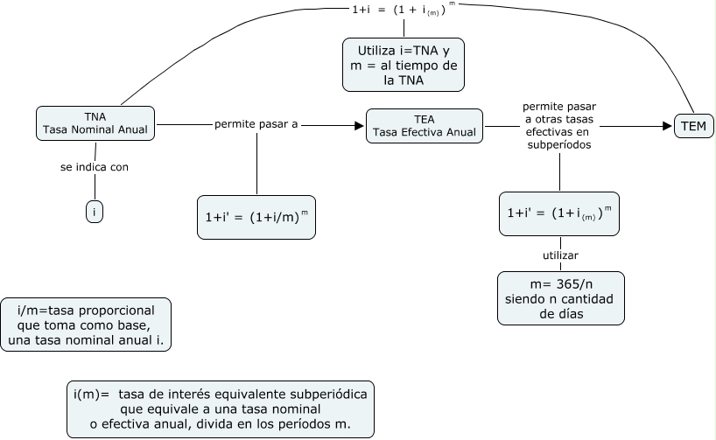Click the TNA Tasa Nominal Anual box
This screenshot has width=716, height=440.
95,124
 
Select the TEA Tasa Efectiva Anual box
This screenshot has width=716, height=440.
425,125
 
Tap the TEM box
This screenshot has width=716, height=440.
693,127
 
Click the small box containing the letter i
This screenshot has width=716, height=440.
95,211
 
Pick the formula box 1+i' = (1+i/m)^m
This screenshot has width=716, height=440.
256,216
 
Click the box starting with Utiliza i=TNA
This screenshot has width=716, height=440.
403,64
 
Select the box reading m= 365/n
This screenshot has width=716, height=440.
561,298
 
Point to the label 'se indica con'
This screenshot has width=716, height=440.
95,167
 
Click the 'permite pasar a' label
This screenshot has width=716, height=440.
256,125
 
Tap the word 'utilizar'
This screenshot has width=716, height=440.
560,255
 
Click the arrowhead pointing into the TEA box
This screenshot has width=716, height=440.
358,126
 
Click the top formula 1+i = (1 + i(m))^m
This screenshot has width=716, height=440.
403,10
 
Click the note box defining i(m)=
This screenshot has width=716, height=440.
220,409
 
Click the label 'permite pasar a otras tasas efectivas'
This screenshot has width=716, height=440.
558,126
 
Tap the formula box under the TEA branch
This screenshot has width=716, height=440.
559,213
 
